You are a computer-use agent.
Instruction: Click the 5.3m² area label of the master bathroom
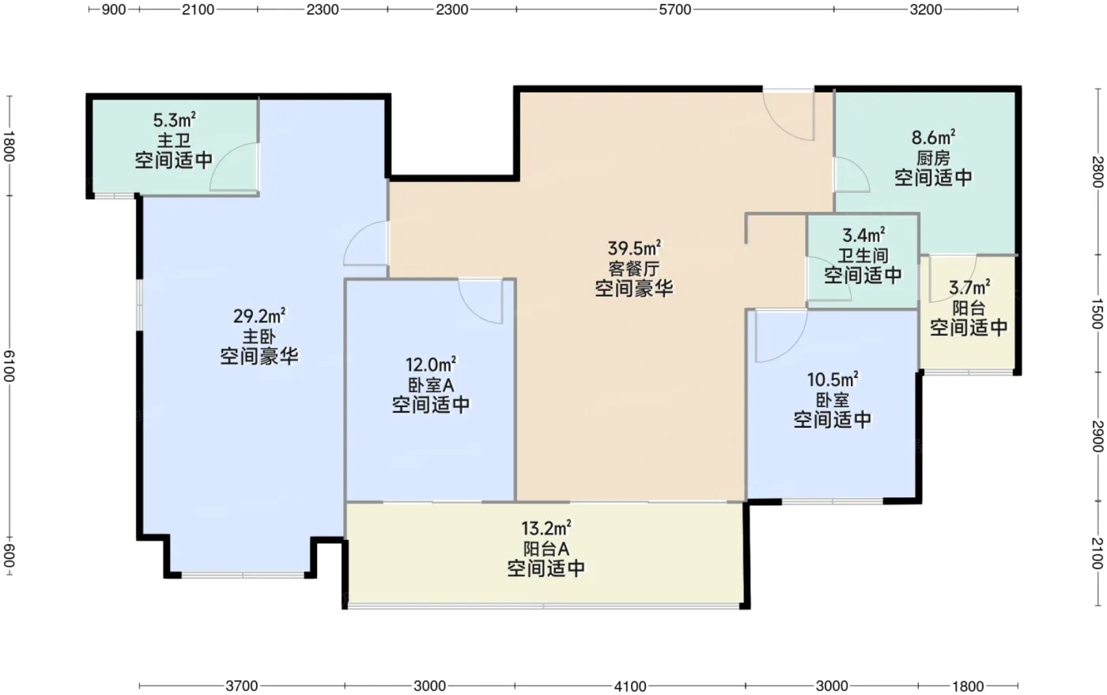[x=174, y=120]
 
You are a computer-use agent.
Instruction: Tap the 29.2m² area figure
[x=259, y=315]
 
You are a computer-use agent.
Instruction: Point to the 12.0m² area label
[x=430, y=364]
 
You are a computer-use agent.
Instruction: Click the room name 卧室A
[x=430, y=385]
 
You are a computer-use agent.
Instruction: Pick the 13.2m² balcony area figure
[x=546, y=528]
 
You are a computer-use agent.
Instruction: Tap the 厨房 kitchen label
[x=933, y=158]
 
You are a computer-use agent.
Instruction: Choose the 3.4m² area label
[x=863, y=235]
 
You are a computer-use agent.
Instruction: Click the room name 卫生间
[x=863, y=255]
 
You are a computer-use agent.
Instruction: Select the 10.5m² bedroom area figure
[x=833, y=380]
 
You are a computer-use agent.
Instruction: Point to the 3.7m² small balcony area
[x=969, y=287]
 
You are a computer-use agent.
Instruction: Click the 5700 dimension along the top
[x=674, y=9]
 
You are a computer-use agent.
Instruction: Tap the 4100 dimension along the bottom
[x=630, y=686]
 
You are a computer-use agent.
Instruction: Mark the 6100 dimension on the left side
[x=9, y=366]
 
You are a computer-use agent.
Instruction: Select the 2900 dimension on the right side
[x=1098, y=436]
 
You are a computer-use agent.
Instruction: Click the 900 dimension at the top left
[x=114, y=9]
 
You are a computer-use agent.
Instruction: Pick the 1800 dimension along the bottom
[x=968, y=686]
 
